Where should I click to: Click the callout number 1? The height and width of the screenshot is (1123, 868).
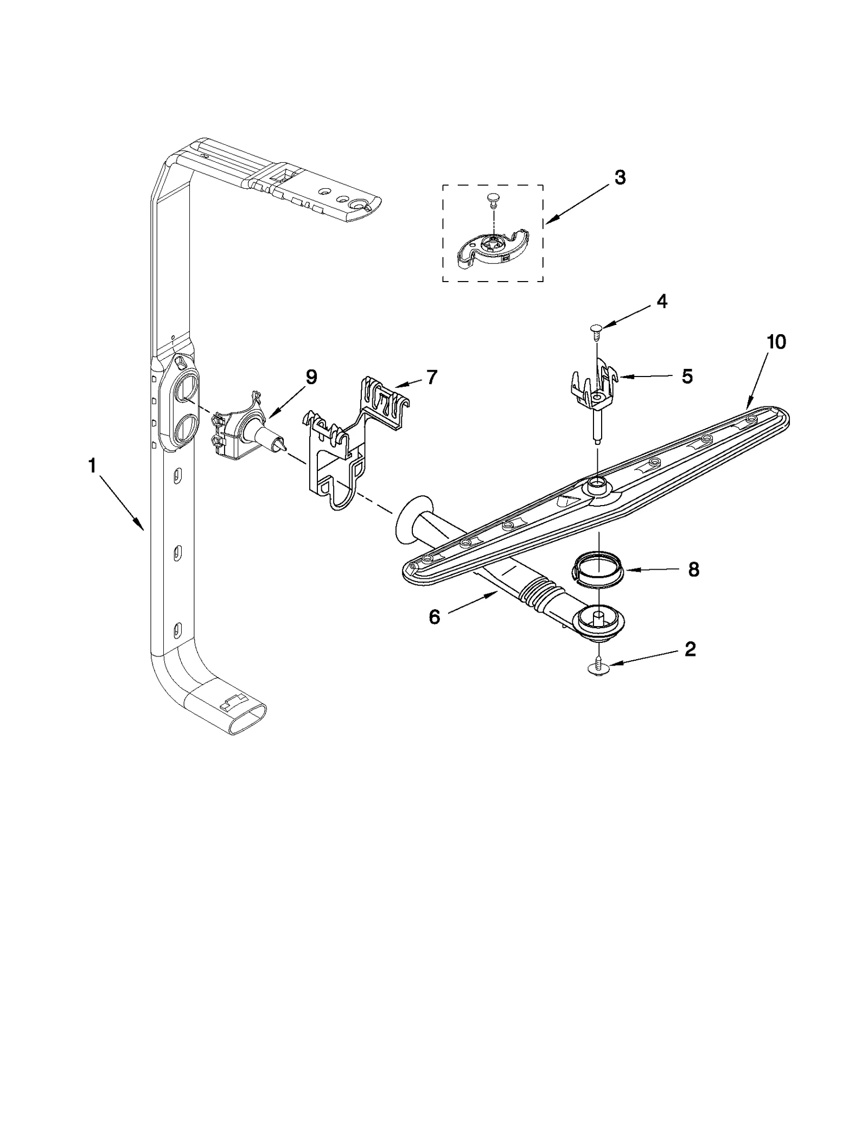point(92,465)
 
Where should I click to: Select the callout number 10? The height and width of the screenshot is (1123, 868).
point(776,342)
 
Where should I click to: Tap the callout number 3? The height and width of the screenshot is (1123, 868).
point(620,177)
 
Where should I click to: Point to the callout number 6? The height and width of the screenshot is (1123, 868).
point(434,617)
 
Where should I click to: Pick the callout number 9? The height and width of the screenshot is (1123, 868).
point(311,377)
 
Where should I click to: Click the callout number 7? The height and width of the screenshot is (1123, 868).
point(431,377)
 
